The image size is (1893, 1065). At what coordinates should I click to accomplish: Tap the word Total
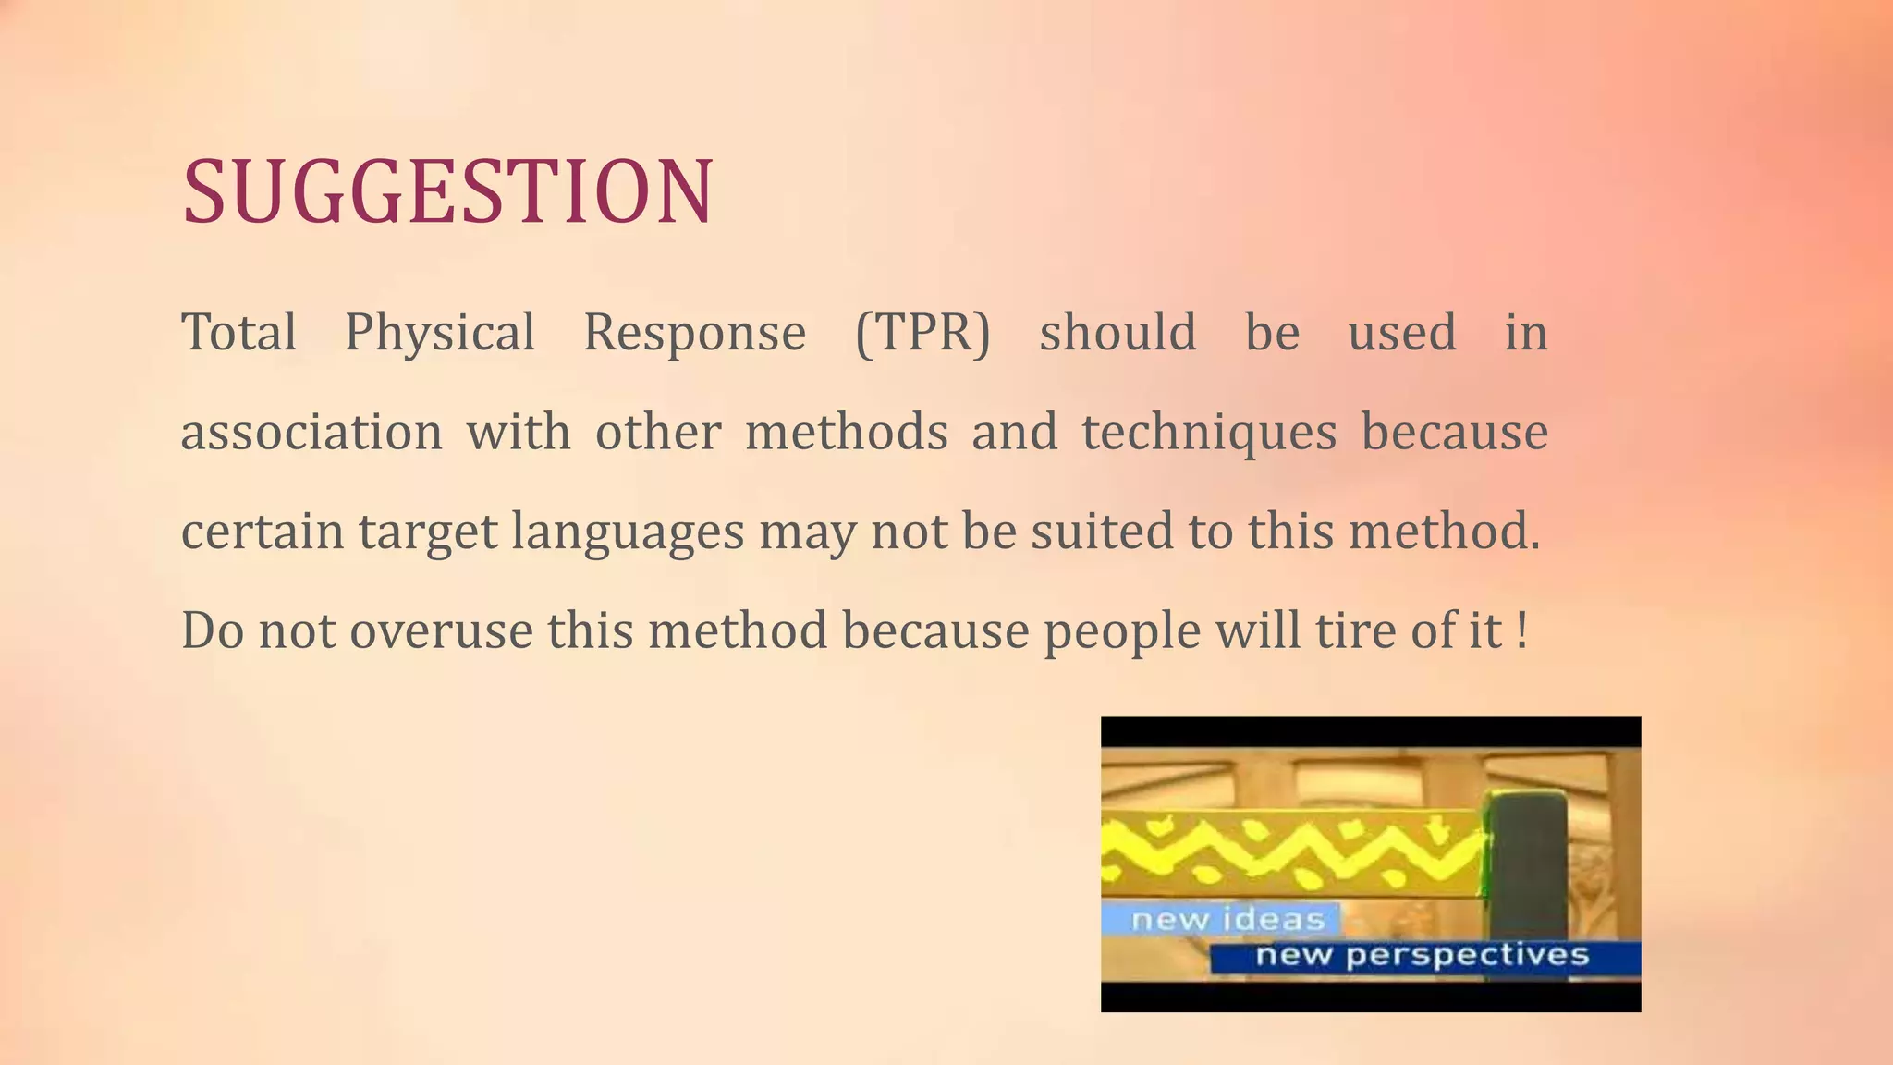[239, 332]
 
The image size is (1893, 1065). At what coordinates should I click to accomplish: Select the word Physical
[440, 334]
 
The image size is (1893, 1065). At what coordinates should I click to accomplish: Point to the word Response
[694, 334]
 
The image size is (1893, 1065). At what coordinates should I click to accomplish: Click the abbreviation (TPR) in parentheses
[922, 333]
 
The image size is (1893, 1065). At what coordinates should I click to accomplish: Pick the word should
[1117, 332]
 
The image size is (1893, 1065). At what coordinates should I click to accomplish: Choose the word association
[311, 433]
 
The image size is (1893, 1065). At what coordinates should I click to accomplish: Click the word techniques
[1209, 433]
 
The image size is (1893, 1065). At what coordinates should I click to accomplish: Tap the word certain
[263, 532]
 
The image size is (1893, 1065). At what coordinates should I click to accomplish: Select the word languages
[628, 533]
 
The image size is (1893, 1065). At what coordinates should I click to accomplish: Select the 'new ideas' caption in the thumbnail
[1227, 919]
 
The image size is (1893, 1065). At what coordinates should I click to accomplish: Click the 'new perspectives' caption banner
[1422, 955]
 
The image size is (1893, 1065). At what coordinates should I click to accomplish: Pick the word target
[428, 533]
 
